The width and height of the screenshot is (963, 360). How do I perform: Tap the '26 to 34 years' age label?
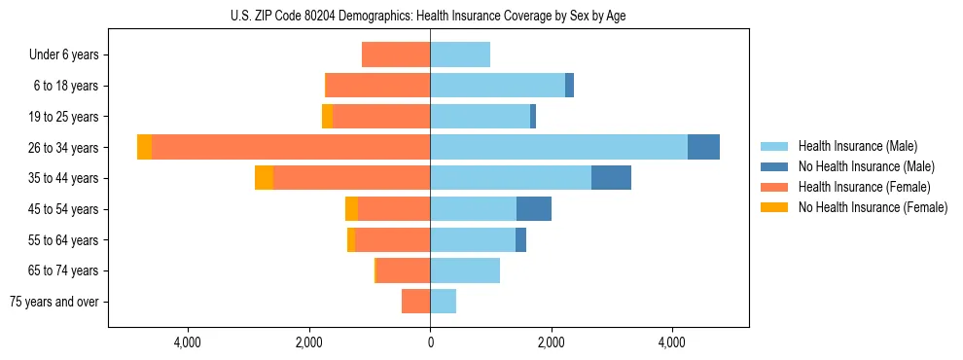(63, 148)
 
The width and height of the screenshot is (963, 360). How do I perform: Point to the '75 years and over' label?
(54, 302)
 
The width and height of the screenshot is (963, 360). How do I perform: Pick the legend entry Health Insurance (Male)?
(857, 146)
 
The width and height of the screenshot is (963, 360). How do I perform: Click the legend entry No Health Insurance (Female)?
(873, 207)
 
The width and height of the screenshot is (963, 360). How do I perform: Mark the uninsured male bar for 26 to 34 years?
(703, 147)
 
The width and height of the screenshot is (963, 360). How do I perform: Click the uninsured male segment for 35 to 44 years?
(611, 178)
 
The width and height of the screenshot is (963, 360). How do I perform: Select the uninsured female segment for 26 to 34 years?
(144, 147)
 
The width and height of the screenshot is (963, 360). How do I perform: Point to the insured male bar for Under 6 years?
(460, 54)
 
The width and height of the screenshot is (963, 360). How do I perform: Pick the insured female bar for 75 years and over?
(416, 302)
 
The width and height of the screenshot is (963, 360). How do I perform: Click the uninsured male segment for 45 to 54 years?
(534, 208)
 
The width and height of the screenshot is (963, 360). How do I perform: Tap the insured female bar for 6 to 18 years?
(378, 86)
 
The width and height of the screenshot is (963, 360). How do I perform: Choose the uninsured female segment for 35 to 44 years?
(264, 178)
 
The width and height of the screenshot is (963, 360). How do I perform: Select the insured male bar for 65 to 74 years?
(465, 270)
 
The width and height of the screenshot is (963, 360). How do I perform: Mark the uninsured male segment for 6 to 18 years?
(569, 86)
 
